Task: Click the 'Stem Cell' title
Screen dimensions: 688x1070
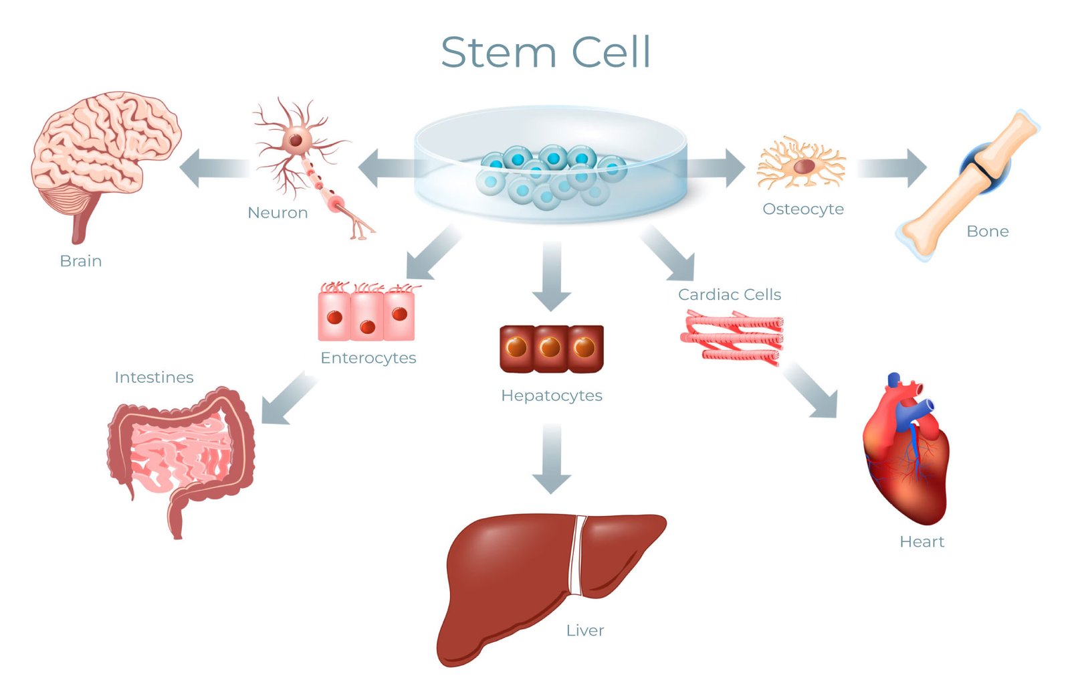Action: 545,52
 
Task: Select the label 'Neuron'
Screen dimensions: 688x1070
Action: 278,213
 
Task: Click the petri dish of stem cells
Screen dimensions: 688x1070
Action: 550,167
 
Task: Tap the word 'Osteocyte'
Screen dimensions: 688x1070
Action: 802,209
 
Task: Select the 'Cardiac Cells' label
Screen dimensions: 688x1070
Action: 729,294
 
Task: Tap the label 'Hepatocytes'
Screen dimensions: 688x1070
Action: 551,396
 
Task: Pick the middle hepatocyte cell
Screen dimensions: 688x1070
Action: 551,348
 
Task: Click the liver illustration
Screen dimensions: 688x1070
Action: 535,576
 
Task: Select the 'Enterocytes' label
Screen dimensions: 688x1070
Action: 368,358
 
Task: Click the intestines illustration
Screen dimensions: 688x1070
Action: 181,455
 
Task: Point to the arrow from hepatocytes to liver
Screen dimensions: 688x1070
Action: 551,458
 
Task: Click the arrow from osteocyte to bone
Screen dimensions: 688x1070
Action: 891,167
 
